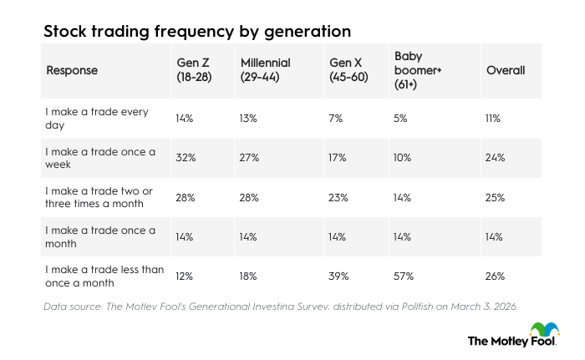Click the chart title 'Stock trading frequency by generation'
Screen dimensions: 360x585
[197, 32]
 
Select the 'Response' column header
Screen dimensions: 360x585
[72, 70]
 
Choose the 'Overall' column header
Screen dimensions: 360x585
[506, 70]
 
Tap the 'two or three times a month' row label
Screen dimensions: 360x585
[99, 198]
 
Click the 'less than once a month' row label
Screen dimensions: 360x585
[104, 276]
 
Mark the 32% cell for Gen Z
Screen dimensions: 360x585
[184, 158]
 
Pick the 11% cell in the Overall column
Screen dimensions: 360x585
[493, 119]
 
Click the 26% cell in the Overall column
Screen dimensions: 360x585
[496, 276]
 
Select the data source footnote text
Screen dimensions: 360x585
[281, 306]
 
